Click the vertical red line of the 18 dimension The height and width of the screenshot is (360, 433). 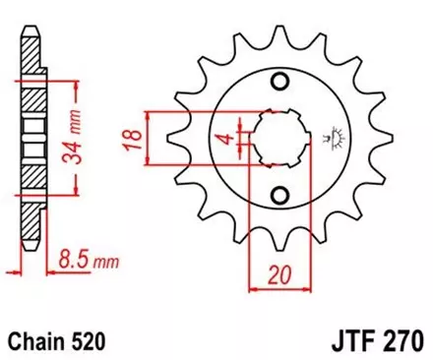click(x=148, y=137)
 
